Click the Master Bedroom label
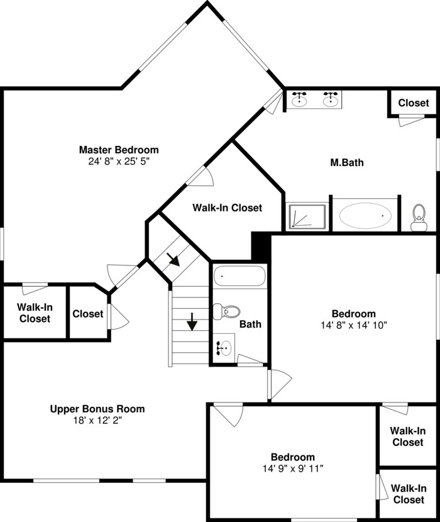119,150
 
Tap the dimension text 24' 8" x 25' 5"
119,162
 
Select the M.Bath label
347,162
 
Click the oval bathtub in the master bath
365,216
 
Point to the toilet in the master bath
419,218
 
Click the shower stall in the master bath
307,217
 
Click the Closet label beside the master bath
414,103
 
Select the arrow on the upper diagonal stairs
173,260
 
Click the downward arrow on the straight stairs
192,321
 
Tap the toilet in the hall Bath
226,311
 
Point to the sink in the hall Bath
224,348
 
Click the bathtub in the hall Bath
239,275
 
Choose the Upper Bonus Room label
97,409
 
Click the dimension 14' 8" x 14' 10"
354,325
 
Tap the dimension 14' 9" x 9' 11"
293,469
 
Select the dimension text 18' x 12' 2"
97,421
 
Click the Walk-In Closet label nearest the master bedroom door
228,208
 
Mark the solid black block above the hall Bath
261,246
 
